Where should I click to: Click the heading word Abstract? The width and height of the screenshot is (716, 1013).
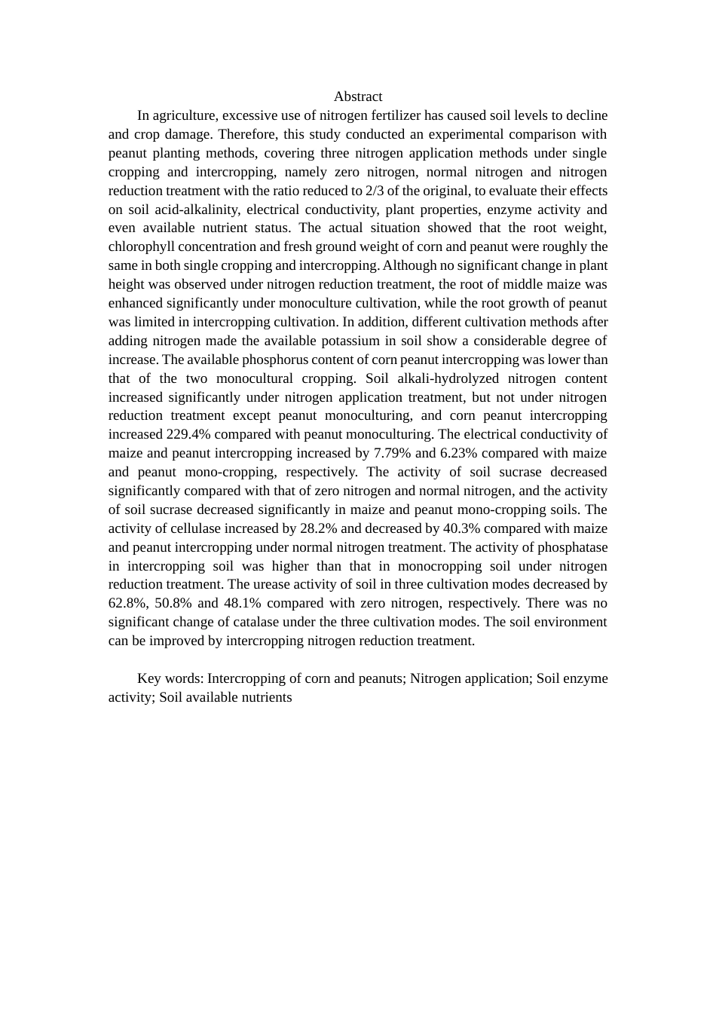(x=358, y=96)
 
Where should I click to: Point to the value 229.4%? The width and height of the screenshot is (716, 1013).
(x=188, y=434)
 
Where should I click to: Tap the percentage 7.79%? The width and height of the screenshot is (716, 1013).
(x=393, y=453)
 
